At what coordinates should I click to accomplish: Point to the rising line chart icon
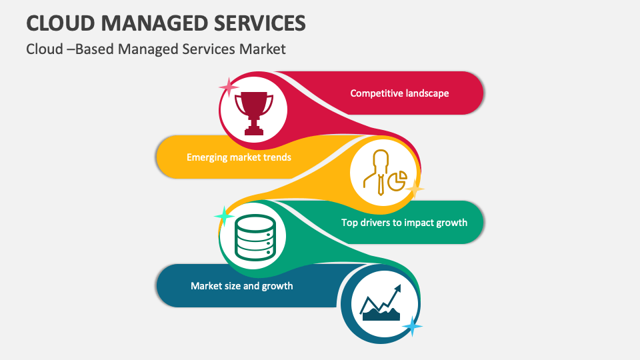click(381, 303)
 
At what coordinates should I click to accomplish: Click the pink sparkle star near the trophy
click(229, 87)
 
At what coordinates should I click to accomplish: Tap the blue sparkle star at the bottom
click(413, 326)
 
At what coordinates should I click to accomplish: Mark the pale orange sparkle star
click(415, 189)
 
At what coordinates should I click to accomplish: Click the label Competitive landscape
click(399, 93)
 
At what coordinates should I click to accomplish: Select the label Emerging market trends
click(239, 157)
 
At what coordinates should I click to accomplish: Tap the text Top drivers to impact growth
click(404, 223)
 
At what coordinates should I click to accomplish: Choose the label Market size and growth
click(241, 286)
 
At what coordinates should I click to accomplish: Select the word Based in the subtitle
click(95, 49)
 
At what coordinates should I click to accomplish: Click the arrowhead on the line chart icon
click(397, 289)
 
